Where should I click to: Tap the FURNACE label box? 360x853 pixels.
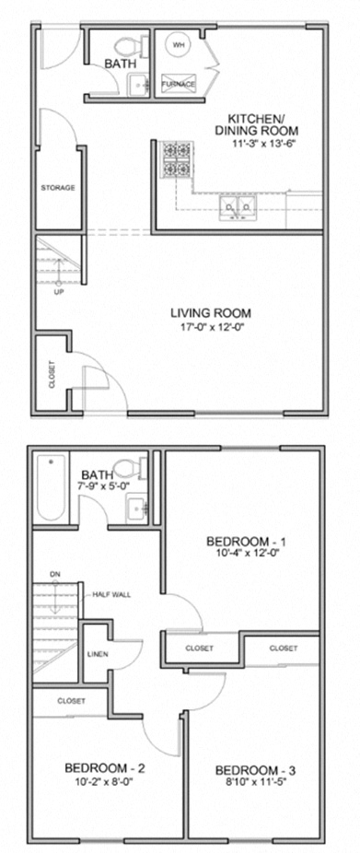(179, 84)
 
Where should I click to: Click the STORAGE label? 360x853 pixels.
(57, 187)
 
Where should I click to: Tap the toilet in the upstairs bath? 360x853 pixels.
(137, 467)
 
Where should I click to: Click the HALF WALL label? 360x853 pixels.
(111, 595)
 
